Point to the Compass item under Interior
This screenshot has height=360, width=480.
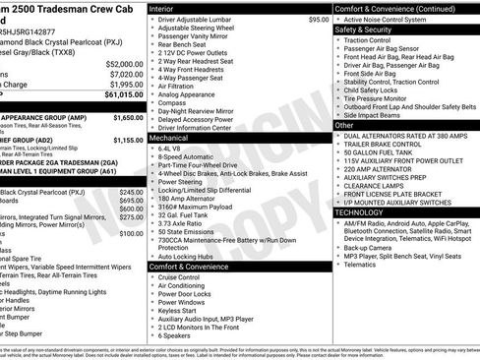point(173,102)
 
